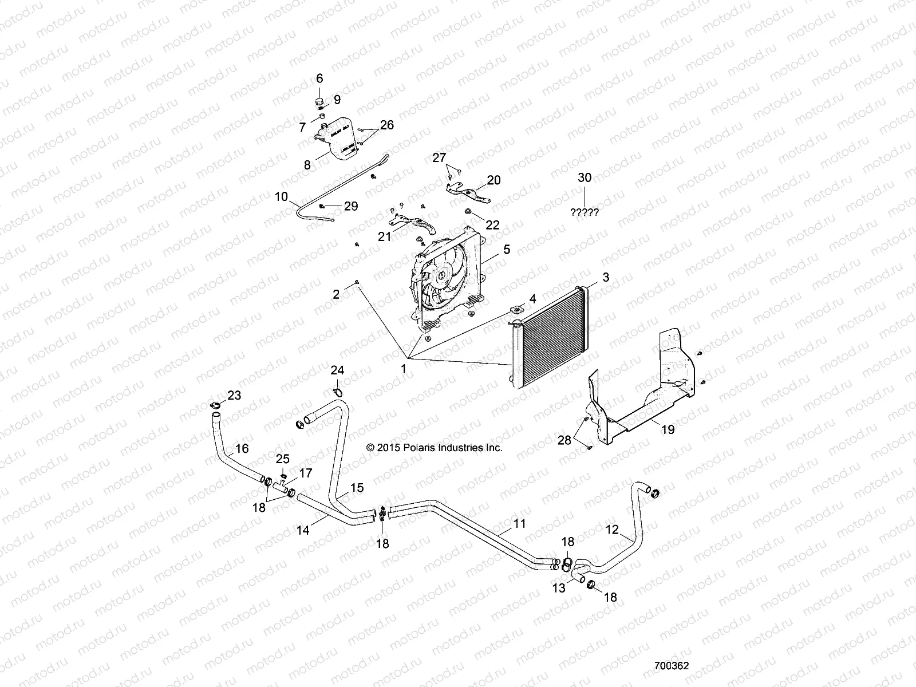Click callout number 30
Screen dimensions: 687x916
tap(585, 178)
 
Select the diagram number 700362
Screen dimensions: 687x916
tap(672, 666)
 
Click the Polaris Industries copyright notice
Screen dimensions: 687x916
tap(435, 448)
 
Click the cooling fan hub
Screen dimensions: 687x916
tap(442, 276)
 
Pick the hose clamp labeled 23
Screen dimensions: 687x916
tap(216, 406)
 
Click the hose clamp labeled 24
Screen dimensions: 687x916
tap(338, 392)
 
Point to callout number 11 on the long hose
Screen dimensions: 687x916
tap(519, 523)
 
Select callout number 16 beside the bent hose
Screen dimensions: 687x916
tap(242, 448)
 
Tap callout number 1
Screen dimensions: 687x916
tap(403, 369)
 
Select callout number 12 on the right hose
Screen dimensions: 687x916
tap(612, 530)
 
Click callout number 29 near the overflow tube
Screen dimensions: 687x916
tap(350, 206)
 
